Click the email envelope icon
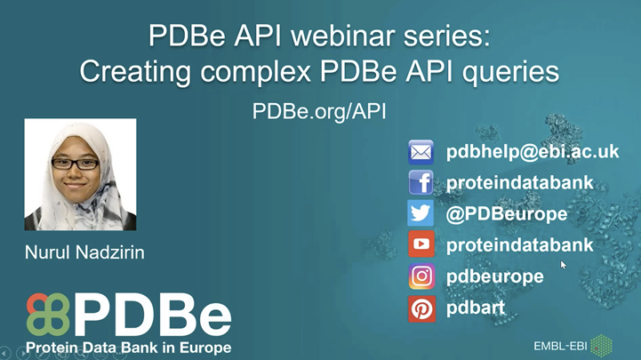421,152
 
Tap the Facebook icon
421,183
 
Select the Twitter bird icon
421,214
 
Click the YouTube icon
421,245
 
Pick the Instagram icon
421,276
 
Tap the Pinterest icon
421,308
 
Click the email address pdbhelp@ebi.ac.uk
532,152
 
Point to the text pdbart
477,308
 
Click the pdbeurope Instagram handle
494,276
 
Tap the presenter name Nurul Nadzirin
84,254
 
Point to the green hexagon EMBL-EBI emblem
602,342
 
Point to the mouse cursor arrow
563,263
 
